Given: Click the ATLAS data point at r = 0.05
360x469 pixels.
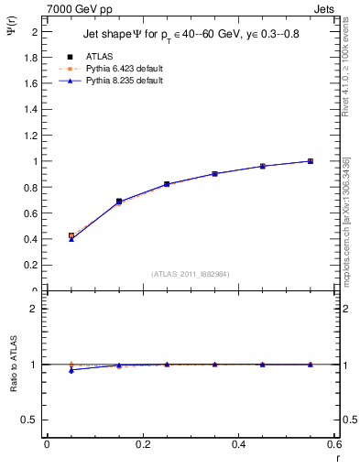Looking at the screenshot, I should pyautogui.click(x=71, y=235).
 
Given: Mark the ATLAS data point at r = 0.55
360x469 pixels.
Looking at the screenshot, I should pyautogui.click(x=311, y=161).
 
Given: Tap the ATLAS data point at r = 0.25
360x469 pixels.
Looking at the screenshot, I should pyautogui.click(x=167, y=184).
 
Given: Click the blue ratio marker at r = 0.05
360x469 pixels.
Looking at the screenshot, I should pyautogui.click(x=71, y=370).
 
